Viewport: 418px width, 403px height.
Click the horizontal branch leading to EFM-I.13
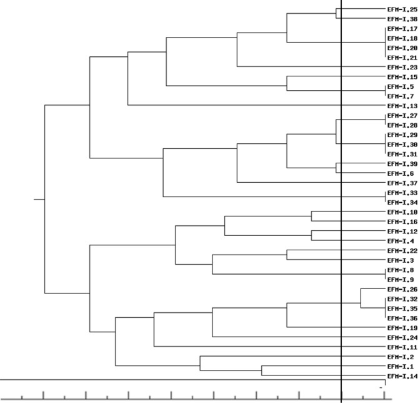(250, 105)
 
